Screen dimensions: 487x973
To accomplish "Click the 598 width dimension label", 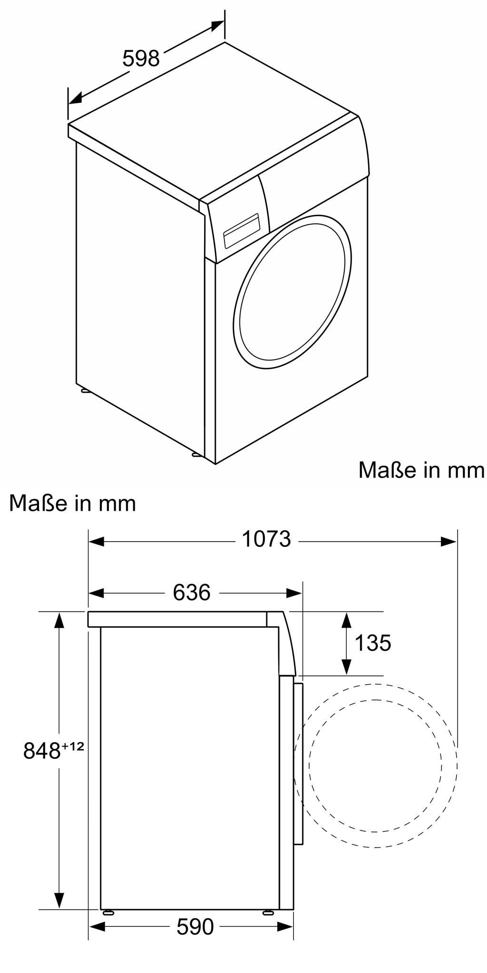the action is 141,59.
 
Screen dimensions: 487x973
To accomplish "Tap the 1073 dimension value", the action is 266,539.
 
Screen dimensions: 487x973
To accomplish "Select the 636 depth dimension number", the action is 192,592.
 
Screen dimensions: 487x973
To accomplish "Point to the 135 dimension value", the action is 373,643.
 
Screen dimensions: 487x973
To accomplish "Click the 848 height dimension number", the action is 42,751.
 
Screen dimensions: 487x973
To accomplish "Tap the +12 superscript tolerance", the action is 73,746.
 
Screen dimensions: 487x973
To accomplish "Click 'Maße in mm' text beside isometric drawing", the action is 421,470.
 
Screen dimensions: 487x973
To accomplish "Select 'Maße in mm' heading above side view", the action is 73,503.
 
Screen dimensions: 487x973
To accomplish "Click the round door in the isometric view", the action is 292,292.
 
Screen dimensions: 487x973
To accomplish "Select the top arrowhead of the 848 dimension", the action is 59,620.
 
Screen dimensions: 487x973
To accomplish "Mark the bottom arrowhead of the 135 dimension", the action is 346,667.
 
